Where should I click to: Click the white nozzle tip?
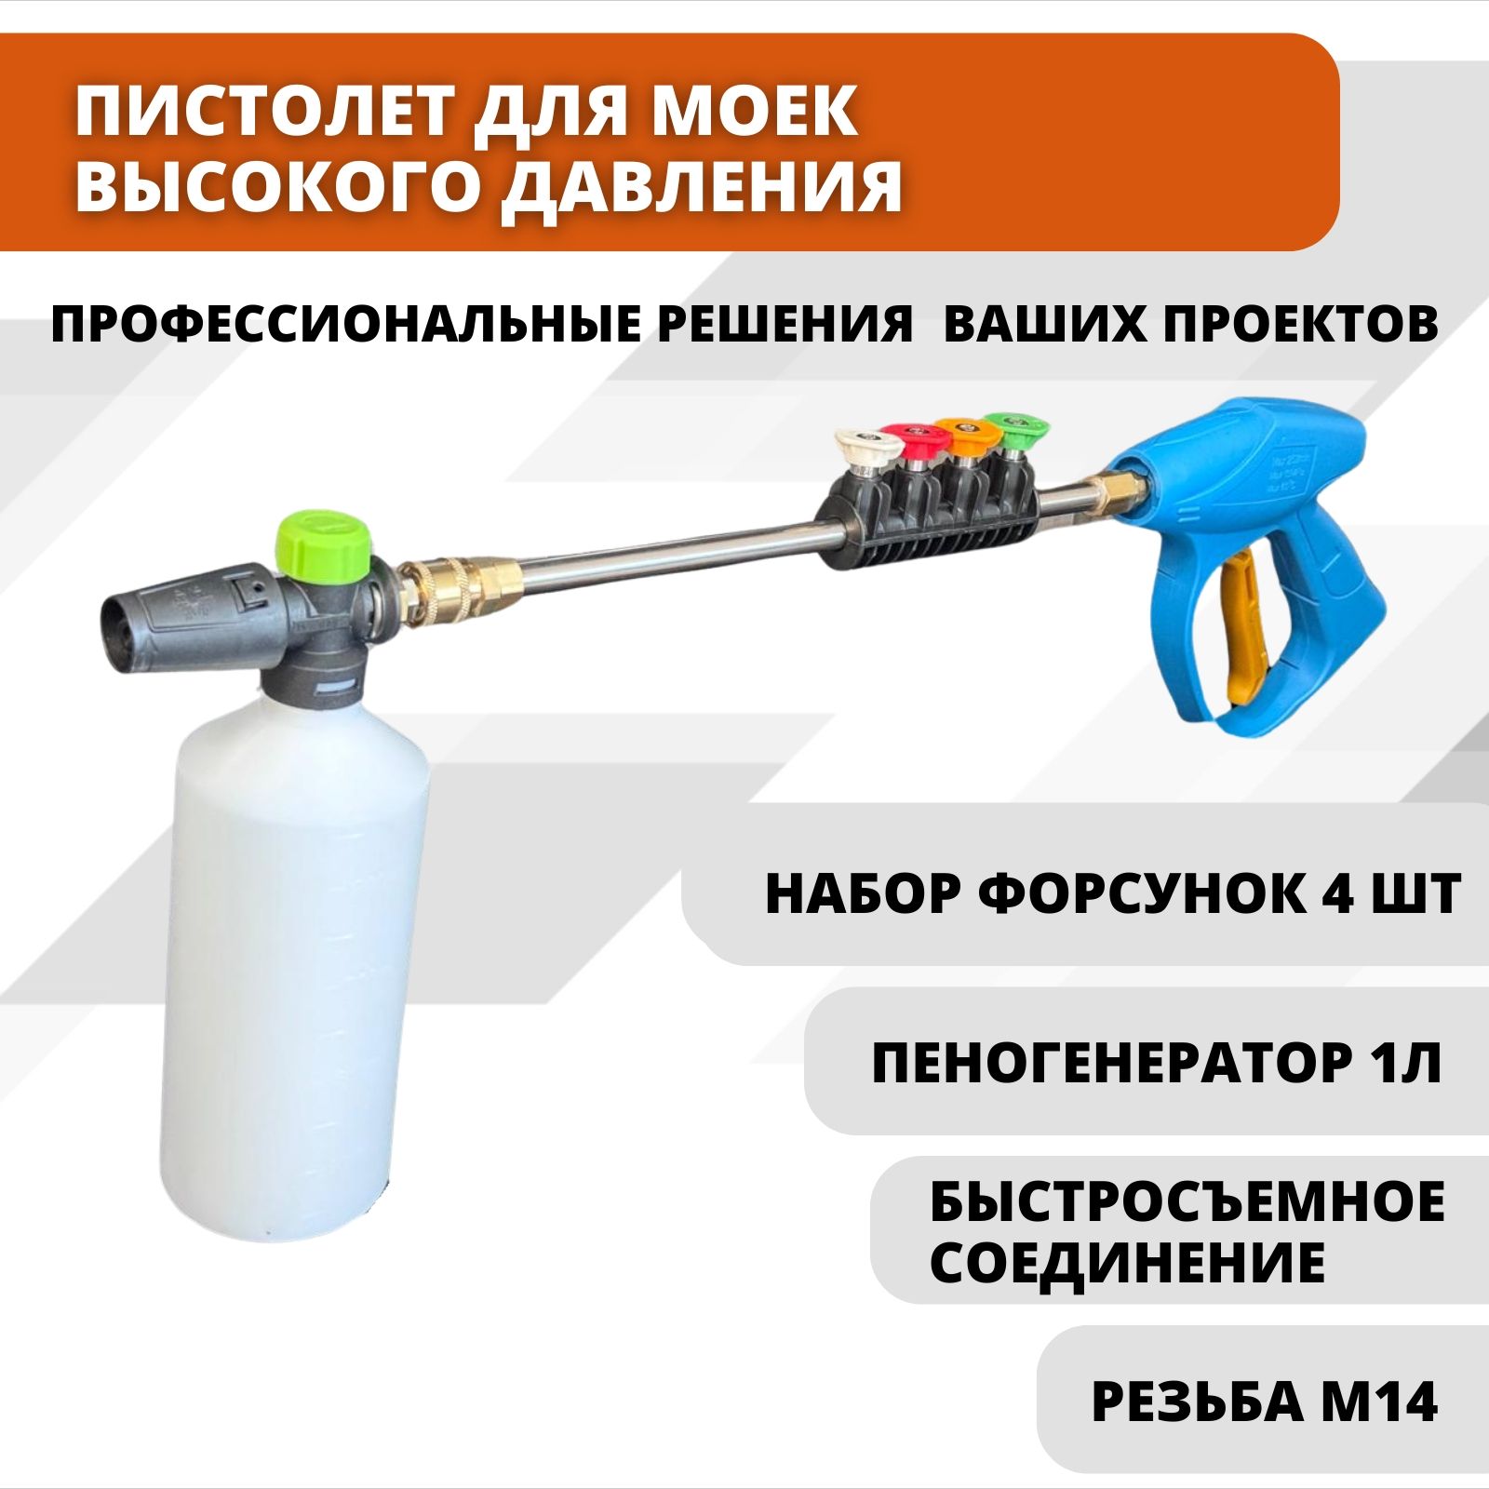[866, 445]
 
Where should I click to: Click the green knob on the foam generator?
[324, 543]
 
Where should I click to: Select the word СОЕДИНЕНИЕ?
[1128, 1264]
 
